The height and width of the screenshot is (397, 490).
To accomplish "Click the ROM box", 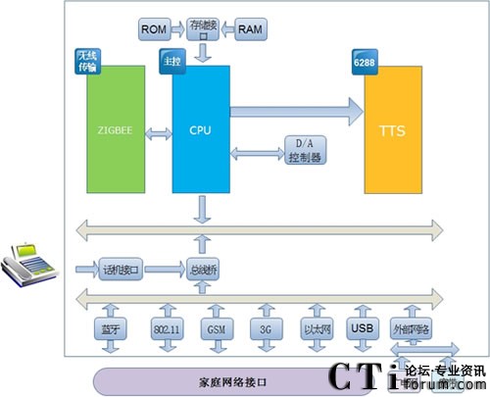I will [x=154, y=30].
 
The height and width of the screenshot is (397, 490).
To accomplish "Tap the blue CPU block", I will [x=201, y=128].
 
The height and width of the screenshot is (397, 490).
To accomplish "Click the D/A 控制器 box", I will [x=306, y=150].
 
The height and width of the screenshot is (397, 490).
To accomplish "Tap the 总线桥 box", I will [x=201, y=267].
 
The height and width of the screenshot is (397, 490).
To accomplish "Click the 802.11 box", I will [x=166, y=328].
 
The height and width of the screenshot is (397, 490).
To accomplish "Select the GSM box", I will [x=215, y=328].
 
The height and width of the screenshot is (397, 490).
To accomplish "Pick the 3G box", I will [x=265, y=328].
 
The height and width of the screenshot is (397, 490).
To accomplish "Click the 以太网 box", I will [x=316, y=328].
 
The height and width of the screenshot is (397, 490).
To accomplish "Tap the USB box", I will [x=362, y=328].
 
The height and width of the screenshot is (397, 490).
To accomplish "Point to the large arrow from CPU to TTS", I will [x=294, y=111].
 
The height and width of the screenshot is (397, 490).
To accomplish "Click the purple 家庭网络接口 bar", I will [x=225, y=378].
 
